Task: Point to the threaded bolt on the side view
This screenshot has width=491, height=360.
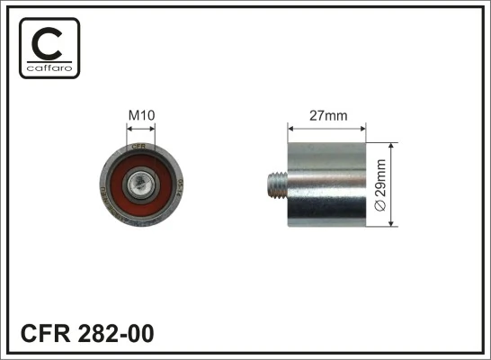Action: pyautogui.click(x=276, y=183)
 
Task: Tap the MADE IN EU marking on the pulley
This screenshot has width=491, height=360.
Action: pyautogui.click(x=102, y=186)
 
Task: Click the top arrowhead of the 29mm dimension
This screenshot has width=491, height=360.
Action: pyautogui.click(x=391, y=145)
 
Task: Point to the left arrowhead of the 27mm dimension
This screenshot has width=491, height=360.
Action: pyautogui.click(x=290, y=127)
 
